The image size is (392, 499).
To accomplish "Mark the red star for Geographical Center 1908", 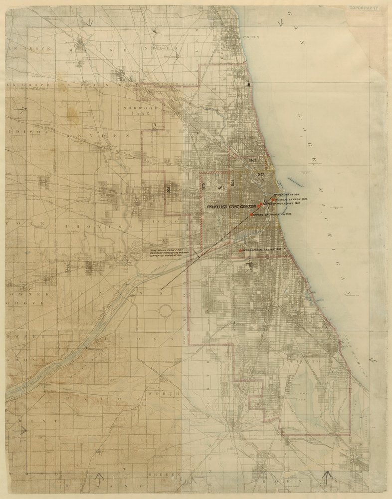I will click(240, 250).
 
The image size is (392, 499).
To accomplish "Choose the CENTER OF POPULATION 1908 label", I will click(272, 214).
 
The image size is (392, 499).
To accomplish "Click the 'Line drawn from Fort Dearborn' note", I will click(170, 253).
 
